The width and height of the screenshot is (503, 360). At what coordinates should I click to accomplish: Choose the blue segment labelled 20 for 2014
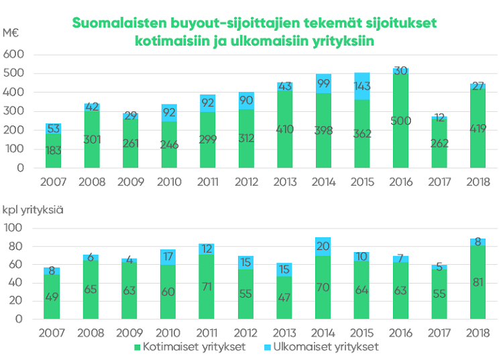pos(324,246)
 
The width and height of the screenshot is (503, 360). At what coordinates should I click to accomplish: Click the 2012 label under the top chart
pos(247,182)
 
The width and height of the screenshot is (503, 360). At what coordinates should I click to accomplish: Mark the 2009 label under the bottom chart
pos(130,333)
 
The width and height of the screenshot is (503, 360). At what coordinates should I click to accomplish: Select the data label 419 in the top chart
pos(478,129)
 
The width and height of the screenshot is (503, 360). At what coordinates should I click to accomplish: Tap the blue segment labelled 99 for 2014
pos(324,83)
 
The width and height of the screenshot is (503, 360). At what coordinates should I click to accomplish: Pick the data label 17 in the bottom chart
pos(168,256)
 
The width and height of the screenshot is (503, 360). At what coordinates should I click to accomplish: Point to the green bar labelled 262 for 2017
pos(439,143)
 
